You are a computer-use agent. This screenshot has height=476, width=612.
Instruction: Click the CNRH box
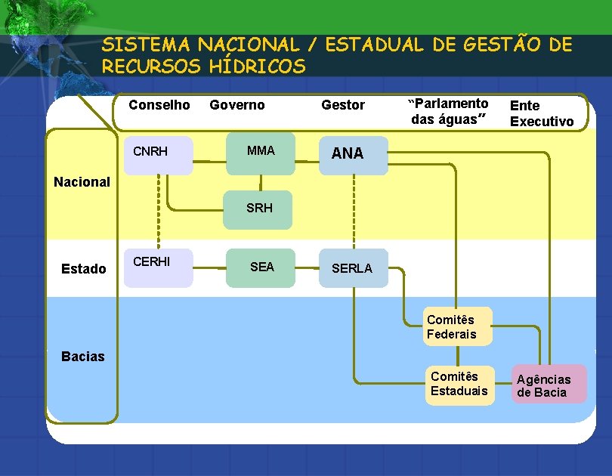158,156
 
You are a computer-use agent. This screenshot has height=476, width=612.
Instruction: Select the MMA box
261,154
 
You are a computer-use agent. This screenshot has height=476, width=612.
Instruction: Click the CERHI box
158,267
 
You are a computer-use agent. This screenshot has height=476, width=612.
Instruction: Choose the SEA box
261,267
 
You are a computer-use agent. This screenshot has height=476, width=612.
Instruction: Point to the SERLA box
353,268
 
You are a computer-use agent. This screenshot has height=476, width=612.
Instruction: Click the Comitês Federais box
457,326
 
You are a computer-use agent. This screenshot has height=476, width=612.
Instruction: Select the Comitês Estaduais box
459,384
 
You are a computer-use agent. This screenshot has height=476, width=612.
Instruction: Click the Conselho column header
159,105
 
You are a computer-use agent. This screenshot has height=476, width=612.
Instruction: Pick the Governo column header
237,105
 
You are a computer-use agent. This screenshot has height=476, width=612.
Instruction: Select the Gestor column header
343,105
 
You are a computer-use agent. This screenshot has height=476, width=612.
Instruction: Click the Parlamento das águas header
449,111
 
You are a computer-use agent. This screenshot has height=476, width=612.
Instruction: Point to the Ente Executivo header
541,113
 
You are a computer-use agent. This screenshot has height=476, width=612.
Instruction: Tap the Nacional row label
82,182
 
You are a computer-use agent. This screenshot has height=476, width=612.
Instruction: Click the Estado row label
84,268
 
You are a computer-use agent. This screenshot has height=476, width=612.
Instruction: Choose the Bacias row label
83,357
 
